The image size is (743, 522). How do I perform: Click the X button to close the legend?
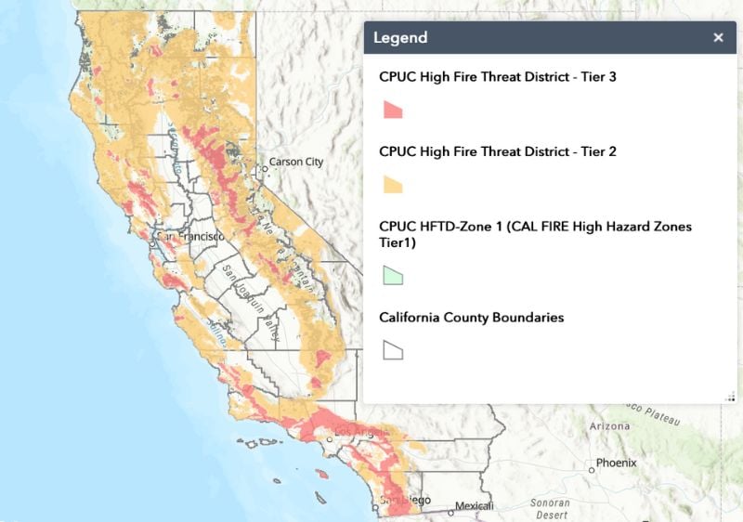pos(718,38)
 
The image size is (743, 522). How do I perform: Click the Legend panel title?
pos(400,38)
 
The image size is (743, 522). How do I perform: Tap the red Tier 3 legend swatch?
pos(393,110)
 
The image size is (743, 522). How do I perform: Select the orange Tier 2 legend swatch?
pos(393,184)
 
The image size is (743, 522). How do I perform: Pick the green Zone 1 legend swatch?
pos(393,275)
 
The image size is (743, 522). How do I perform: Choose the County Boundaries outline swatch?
pos(393,350)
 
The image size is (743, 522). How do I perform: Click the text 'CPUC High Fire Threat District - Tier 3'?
pos(497,76)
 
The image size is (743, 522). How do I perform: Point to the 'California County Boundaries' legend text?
pos(471,318)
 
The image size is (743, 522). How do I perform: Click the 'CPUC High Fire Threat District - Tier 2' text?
pos(497,150)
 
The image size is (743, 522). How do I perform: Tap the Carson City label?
pos(296,163)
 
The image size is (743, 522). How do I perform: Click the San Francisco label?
pos(190,237)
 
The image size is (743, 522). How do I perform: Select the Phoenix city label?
pos(617,463)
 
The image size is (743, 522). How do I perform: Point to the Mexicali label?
pos(475,507)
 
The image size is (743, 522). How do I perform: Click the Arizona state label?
pos(609,426)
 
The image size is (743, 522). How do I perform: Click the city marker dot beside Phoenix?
pos(592,463)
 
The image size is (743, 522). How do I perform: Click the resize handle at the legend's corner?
pos(731,396)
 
